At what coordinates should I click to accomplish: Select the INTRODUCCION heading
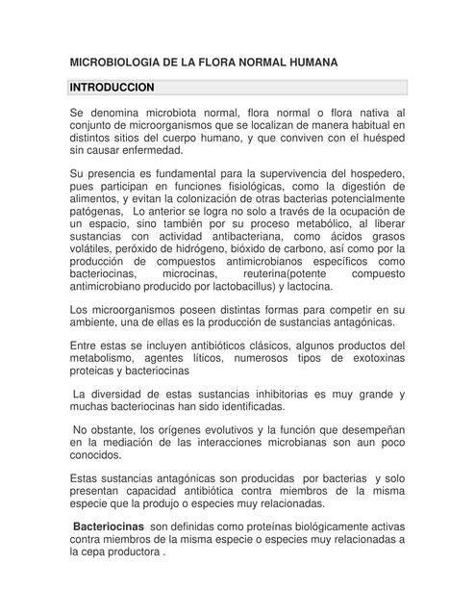pos(112,88)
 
